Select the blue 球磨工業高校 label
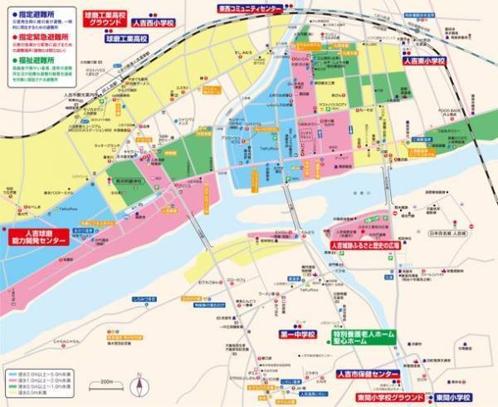tap(124, 38)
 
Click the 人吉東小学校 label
tap(424, 61)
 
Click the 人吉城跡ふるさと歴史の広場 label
tap(365, 245)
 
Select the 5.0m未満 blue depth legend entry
tap(41, 375)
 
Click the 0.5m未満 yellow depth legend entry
tap(41, 396)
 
